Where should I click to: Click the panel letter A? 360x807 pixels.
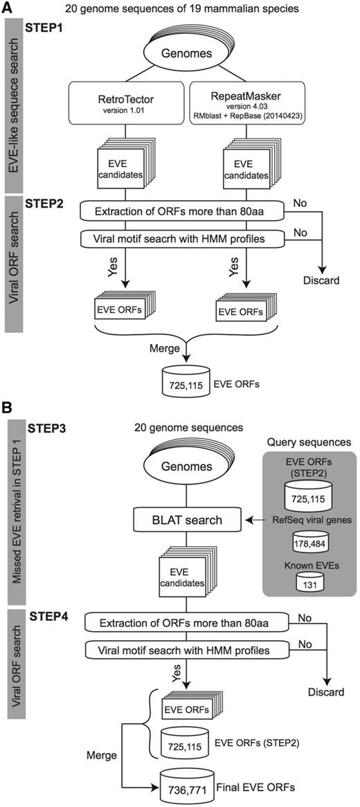coord(10,10)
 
